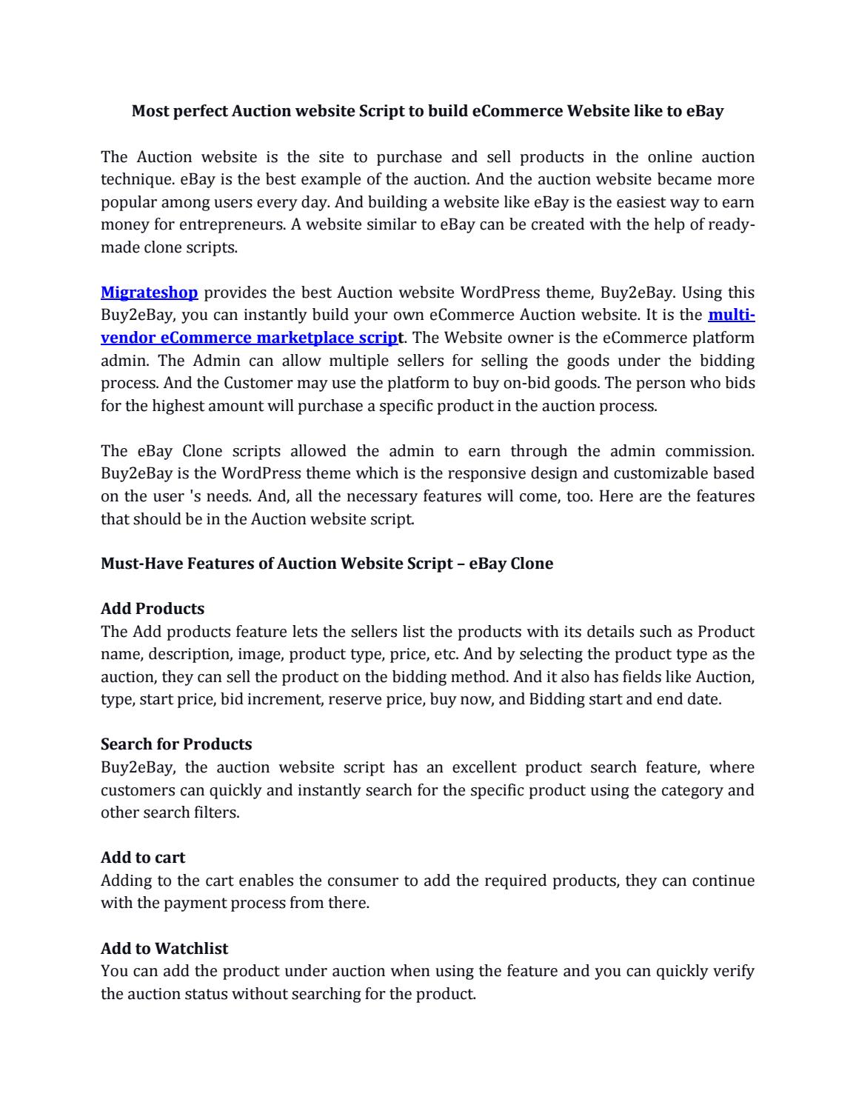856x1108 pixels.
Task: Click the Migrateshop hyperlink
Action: click(x=149, y=293)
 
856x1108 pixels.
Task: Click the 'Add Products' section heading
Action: click(x=152, y=609)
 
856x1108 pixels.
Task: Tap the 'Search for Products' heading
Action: click(x=176, y=744)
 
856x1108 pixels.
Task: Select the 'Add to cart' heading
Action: click(x=143, y=858)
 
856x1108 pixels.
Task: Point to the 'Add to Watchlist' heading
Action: click(x=164, y=949)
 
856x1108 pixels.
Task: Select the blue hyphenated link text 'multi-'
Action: click(x=731, y=315)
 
